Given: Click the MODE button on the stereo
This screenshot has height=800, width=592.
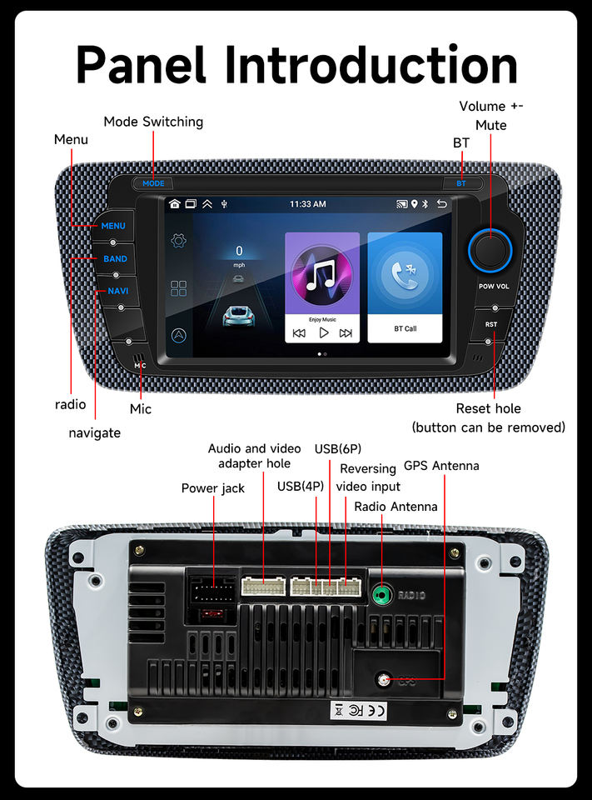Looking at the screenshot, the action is pyautogui.click(x=153, y=183).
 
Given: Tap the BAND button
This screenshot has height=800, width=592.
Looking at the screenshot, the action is pyautogui.click(x=115, y=259).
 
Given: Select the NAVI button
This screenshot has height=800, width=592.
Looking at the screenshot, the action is pyautogui.click(x=117, y=291).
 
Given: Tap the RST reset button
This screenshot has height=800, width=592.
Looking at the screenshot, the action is pyautogui.click(x=491, y=324).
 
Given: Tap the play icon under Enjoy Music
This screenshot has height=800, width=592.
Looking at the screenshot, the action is pyautogui.click(x=323, y=333).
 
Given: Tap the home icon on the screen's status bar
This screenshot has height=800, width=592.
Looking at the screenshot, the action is pyautogui.click(x=175, y=203).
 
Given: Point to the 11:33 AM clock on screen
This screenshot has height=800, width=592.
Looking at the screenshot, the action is pyautogui.click(x=307, y=203).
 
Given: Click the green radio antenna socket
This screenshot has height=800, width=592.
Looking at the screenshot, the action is pyautogui.click(x=382, y=595).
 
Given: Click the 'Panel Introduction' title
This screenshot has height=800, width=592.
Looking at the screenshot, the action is pyautogui.click(x=296, y=64).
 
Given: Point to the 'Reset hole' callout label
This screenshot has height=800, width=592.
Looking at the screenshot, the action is pyautogui.click(x=488, y=408).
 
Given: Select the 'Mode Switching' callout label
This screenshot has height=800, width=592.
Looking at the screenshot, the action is pyautogui.click(x=153, y=122).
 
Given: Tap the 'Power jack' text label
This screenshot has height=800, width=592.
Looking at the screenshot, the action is pyautogui.click(x=213, y=488).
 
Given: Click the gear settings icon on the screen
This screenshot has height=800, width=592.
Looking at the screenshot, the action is pyautogui.click(x=178, y=242).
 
